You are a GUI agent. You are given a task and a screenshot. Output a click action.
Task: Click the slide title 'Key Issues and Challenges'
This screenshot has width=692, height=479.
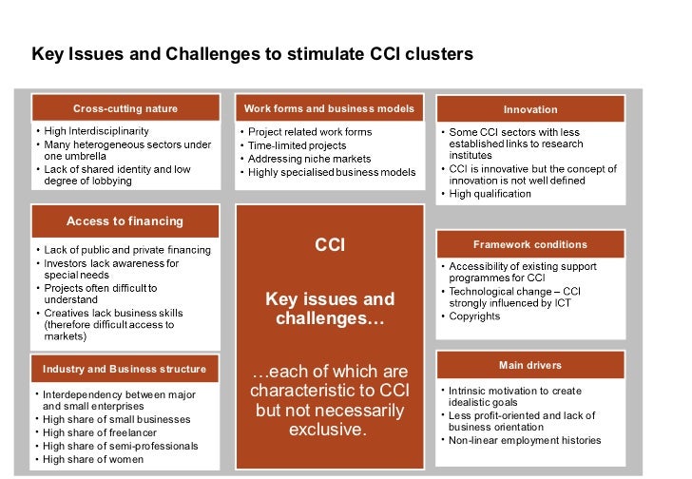tap(252, 54)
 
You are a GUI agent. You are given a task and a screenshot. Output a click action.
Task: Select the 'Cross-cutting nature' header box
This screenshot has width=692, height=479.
tap(125, 108)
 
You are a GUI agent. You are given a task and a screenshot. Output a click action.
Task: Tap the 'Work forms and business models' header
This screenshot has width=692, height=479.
tap(329, 108)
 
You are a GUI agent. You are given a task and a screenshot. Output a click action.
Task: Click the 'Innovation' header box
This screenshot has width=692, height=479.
tap(530, 109)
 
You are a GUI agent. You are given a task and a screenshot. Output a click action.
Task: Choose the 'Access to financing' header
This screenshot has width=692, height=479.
tap(125, 221)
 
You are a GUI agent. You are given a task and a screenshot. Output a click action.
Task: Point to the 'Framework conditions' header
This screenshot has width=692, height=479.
tap(530, 244)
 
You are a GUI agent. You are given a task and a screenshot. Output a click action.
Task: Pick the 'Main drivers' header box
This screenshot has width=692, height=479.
tap(530, 365)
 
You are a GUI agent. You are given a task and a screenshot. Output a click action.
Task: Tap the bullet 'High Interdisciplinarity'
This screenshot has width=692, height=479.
tap(96, 131)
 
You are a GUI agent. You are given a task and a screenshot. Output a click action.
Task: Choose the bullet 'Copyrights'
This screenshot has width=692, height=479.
tap(475, 316)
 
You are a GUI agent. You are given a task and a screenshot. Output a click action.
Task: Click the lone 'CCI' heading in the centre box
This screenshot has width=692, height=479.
tap(329, 246)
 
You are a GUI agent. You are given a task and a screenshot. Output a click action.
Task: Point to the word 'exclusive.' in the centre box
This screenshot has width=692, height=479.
tap(328, 430)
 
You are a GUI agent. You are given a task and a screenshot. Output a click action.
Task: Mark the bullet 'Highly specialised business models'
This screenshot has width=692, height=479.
tap(332, 172)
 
